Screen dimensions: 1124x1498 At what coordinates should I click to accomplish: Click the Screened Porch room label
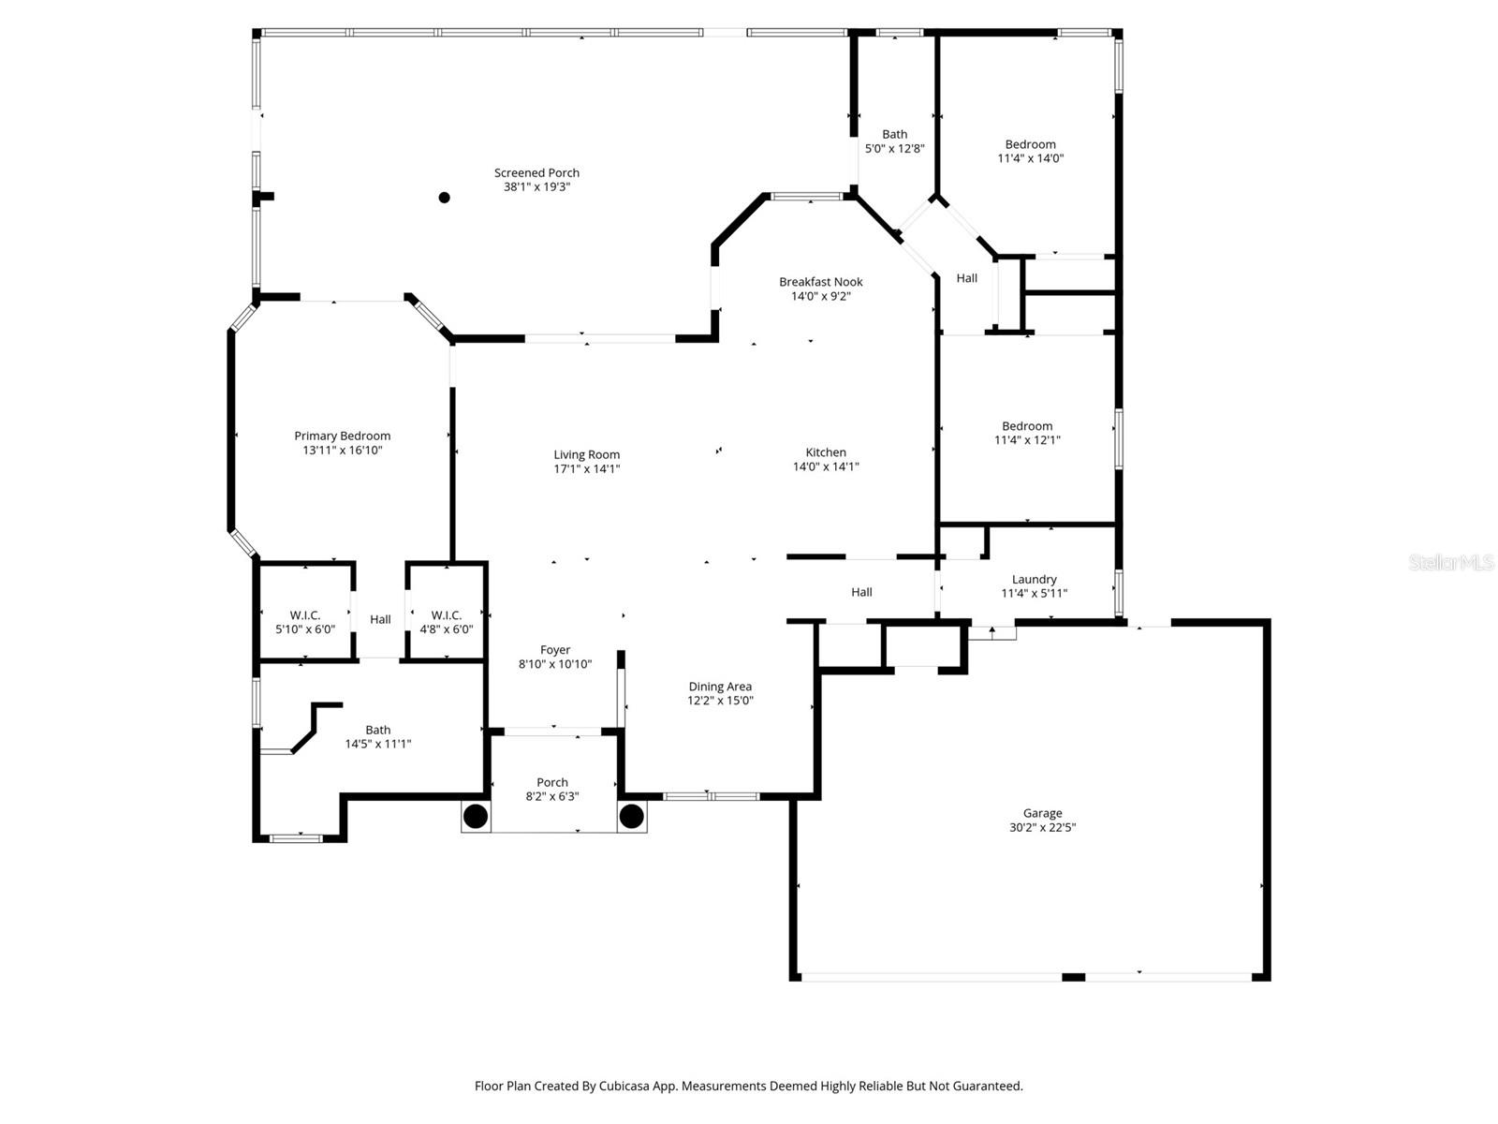[536, 172]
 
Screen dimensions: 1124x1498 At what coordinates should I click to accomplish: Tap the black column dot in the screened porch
[445, 198]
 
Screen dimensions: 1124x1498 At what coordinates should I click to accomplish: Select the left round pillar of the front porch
[476, 816]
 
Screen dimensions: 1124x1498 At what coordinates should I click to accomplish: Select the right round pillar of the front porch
[632, 816]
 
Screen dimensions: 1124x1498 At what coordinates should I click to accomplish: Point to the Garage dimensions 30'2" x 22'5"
[1042, 828]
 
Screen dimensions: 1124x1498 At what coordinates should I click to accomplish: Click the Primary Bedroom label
[342, 436]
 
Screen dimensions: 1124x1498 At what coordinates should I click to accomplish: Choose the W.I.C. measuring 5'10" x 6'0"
[305, 622]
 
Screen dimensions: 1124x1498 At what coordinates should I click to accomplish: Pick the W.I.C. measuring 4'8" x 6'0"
[447, 622]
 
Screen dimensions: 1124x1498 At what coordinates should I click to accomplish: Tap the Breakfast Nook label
[821, 282]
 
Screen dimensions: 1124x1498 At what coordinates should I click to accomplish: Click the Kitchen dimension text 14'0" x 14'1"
[826, 466]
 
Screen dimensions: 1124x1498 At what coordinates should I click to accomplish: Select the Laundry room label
[1035, 579]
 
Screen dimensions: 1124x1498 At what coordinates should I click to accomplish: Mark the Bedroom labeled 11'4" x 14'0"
[1030, 151]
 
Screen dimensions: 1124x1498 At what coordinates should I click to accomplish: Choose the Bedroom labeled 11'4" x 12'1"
[1027, 433]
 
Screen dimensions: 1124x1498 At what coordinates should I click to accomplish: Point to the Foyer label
[555, 650]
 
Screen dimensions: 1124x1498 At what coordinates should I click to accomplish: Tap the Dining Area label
[720, 687]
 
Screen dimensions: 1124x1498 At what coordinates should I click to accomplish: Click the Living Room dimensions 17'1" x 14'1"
[586, 469]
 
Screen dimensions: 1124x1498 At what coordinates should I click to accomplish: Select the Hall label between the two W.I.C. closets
[380, 619]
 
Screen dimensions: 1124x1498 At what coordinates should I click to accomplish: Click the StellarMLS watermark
[1450, 562]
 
